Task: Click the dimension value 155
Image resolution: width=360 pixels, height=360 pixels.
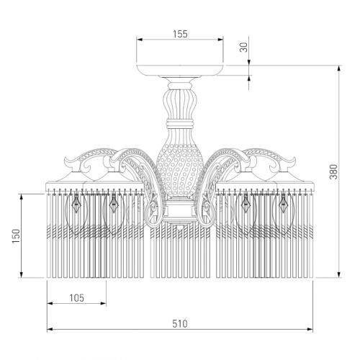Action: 180,34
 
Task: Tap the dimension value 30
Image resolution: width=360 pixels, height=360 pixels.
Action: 243,47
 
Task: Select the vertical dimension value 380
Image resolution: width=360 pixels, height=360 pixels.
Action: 333,172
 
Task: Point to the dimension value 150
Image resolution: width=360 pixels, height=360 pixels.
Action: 16,236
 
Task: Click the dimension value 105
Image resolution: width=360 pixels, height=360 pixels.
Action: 77,298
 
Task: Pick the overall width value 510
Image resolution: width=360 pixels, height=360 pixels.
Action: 180,324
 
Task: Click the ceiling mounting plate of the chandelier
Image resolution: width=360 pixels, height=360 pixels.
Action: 180,70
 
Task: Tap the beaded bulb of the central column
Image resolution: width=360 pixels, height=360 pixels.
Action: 180,171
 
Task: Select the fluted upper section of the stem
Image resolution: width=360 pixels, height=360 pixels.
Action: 180,104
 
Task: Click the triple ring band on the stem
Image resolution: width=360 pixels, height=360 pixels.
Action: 180,124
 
